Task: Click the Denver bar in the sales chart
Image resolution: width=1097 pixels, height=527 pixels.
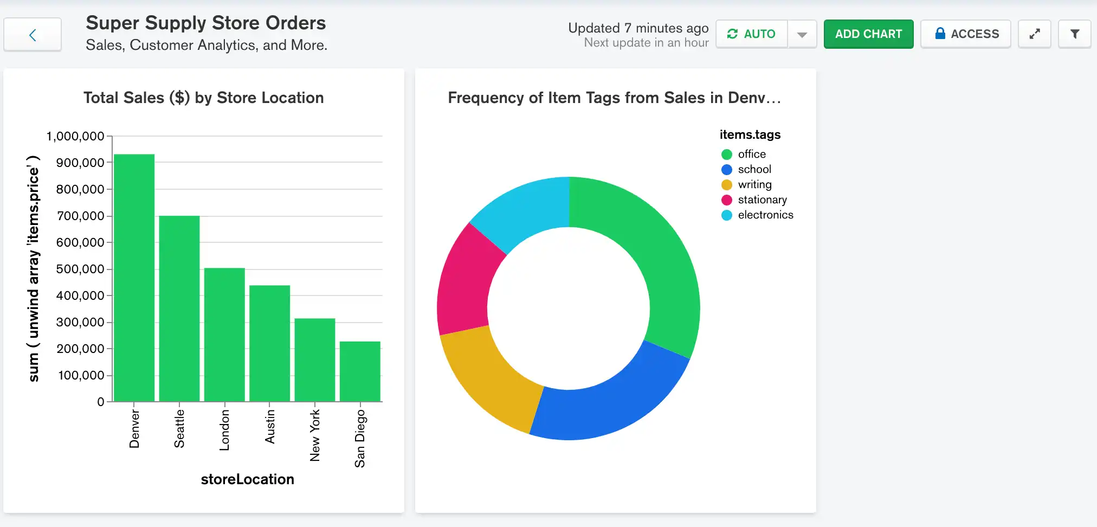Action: (134, 278)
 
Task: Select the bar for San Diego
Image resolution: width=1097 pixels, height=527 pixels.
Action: (360, 371)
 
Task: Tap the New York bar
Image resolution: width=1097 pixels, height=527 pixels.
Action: (315, 359)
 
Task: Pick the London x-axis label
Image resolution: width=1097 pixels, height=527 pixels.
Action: (224, 430)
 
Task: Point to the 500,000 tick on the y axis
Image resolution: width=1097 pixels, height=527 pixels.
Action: (80, 269)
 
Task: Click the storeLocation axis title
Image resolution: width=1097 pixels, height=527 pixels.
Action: (247, 479)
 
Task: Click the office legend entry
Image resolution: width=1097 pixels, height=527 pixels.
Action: (751, 155)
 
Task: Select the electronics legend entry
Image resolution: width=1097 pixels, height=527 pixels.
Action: (765, 215)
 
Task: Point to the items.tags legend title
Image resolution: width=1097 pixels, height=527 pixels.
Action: (750, 134)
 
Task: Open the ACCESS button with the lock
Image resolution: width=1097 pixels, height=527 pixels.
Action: (966, 34)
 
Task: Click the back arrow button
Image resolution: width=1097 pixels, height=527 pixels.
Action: (33, 35)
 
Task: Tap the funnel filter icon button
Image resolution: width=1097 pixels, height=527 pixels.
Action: (1074, 34)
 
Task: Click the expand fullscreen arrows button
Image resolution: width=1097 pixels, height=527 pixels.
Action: (1034, 34)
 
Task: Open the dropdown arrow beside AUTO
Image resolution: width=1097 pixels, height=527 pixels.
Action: (802, 34)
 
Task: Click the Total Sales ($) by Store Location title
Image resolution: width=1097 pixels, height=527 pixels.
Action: (203, 98)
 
